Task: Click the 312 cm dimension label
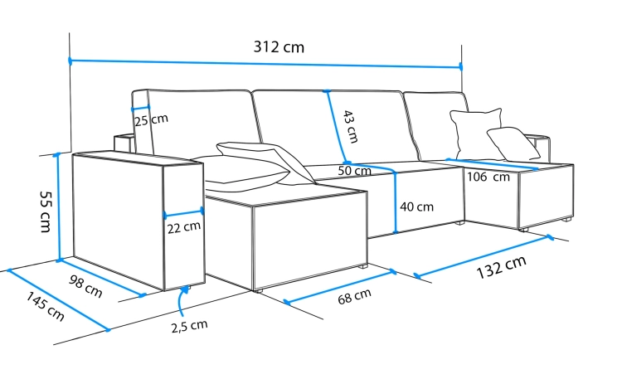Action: pyautogui.click(x=279, y=46)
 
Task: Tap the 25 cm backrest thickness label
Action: pyautogui.click(x=151, y=120)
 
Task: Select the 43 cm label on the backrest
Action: pyautogui.click(x=351, y=127)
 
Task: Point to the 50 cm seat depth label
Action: pyautogui.click(x=355, y=171)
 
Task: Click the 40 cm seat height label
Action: pyautogui.click(x=416, y=207)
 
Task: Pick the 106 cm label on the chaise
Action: pyautogui.click(x=488, y=177)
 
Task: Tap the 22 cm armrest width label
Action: pyautogui.click(x=183, y=227)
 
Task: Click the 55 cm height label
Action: pyautogui.click(x=46, y=212)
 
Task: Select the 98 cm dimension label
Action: pyautogui.click(x=85, y=286)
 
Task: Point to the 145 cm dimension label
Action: pyautogui.click(x=46, y=306)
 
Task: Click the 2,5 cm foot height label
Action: pyautogui.click(x=189, y=326)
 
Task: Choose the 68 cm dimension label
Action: pyautogui.click(x=355, y=296)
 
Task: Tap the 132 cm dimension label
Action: pyautogui.click(x=502, y=267)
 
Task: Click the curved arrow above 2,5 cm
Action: pyautogui.click(x=181, y=302)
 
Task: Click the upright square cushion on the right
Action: pyautogui.click(x=476, y=133)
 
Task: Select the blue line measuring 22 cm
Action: pyautogui.click(x=183, y=213)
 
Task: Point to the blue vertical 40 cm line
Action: pyautogui.click(x=395, y=203)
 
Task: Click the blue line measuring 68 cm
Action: pyautogui.click(x=339, y=287)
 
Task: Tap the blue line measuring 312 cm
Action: pyautogui.click(x=265, y=64)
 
